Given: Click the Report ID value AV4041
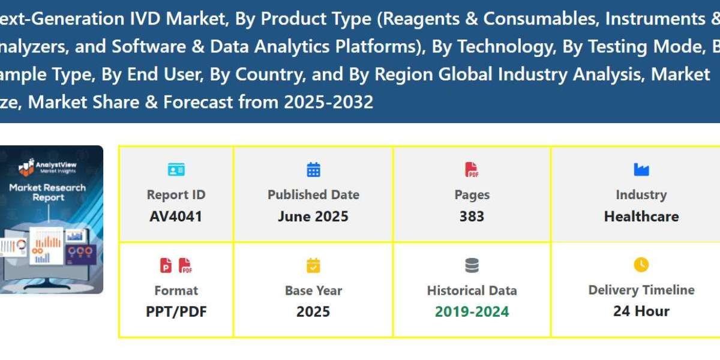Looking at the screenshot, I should click(x=176, y=216).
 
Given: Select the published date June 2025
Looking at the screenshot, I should click(x=313, y=216).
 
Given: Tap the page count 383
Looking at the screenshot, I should click(x=472, y=216).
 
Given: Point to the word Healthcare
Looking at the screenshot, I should click(x=641, y=216).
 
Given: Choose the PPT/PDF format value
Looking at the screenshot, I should click(x=176, y=311).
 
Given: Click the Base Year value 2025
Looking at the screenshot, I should click(x=313, y=311).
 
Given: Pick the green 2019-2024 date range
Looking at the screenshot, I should click(x=472, y=311).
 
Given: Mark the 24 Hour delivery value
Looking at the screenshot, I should click(x=641, y=311).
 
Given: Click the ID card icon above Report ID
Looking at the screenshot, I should click(x=176, y=170).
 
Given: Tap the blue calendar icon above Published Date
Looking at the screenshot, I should click(x=313, y=170).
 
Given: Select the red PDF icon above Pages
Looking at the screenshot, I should click(x=472, y=170).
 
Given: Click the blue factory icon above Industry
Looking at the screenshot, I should click(x=641, y=170).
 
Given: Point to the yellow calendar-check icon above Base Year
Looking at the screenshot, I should click(x=313, y=265).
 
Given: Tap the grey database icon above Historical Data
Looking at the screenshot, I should click(x=472, y=265).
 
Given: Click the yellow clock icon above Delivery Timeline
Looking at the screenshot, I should click(x=641, y=265).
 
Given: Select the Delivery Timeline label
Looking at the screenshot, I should click(x=641, y=290).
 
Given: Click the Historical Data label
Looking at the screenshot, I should click(x=472, y=290).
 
